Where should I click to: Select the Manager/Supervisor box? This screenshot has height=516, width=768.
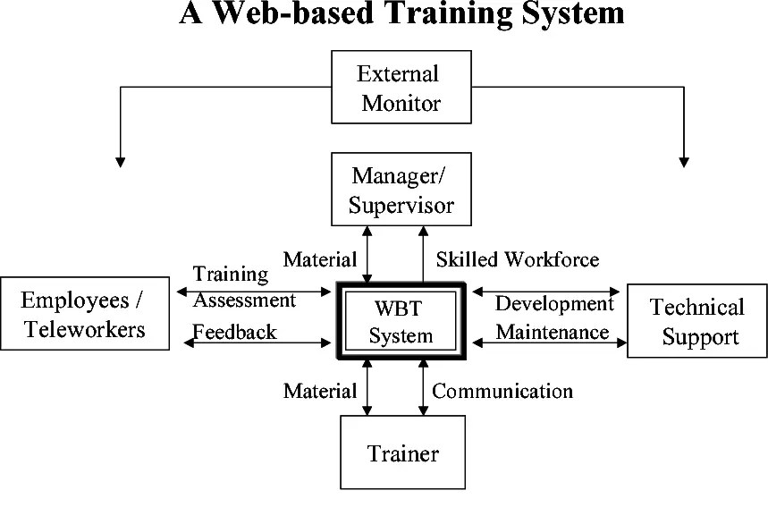tap(401, 189)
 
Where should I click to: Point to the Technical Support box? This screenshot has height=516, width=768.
tap(696, 321)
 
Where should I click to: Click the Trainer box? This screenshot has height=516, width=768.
tap(402, 453)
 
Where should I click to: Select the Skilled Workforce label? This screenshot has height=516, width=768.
tap(517, 259)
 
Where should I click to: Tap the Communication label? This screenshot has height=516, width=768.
tap(502, 391)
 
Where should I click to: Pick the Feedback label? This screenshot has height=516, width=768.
tap(235, 331)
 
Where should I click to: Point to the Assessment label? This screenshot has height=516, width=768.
tap(245, 300)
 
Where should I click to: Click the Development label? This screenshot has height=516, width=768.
tap(554, 303)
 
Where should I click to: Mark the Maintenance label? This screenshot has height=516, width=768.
tap(553, 332)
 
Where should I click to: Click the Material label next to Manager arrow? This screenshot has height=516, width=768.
tap(319, 259)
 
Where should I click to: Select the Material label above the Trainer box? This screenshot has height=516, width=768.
tap(319, 391)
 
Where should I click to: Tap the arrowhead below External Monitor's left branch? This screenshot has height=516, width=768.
tap(120, 162)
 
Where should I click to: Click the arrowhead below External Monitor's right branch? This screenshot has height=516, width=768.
tap(684, 162)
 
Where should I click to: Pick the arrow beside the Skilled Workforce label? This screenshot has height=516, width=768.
tap(423, 255)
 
